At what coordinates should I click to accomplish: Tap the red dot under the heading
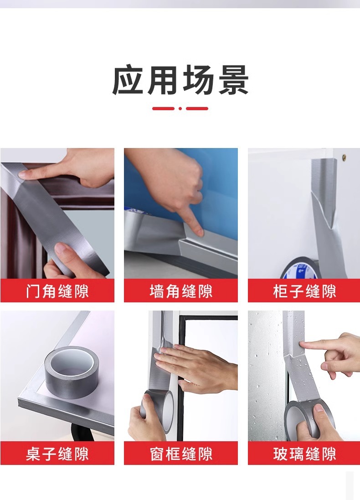(x=180, y=109)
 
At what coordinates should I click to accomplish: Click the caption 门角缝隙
(x=57, y=291)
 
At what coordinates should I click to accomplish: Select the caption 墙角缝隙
(x=181, y=291)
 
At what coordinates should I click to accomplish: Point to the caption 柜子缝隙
(x=304, y=291)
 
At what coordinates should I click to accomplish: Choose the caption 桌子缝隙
(x=57, y=454)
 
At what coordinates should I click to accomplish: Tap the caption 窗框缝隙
(x=181, y=454)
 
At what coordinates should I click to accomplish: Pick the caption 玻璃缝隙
(x=304, y=454)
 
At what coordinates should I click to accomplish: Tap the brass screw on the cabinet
(x=345, y=157)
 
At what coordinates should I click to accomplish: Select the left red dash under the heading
(x=164, y=109)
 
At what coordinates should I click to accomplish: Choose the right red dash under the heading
(x=197, y=109)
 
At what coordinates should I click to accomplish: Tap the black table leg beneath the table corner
(x=80, y=434)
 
